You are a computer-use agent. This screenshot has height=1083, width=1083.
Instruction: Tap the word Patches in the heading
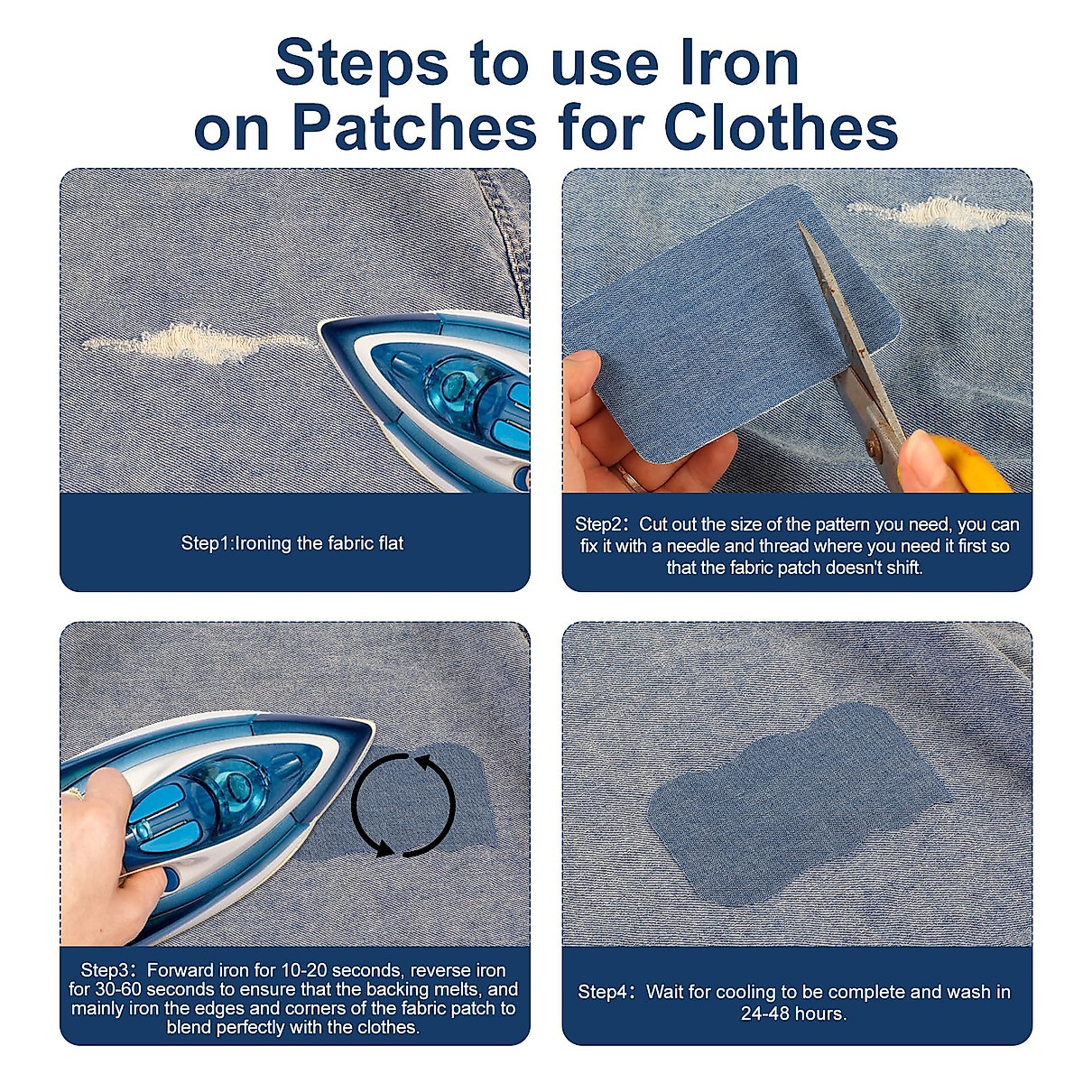coord(414,127)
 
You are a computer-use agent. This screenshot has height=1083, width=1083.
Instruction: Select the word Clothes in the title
coord(781,127)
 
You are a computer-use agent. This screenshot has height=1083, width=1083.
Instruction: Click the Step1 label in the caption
coord(207,543)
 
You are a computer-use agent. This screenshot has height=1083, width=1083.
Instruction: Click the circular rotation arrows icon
coord(403,804)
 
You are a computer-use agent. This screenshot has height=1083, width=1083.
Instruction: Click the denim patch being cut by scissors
coord(722,316)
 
